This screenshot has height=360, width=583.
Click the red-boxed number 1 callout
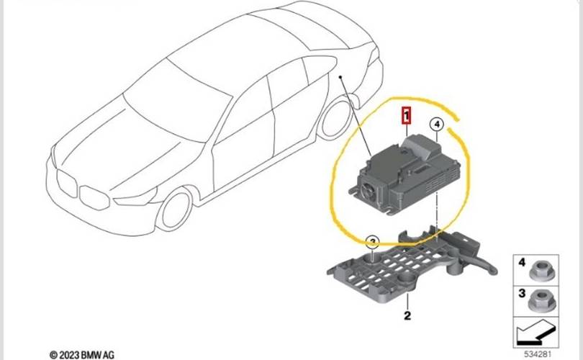click(x=407, y=115)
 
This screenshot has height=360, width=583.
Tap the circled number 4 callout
click(x=436, y=126)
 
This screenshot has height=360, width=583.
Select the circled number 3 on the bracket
click(x=372, y=242)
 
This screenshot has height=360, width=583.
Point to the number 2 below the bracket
click(x=407, y=315)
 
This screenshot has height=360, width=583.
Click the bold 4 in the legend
click(x=522, y=264)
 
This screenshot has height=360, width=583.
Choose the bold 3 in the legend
click(x=522, y=292)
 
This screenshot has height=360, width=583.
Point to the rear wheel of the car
click(x=337, y=119)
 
